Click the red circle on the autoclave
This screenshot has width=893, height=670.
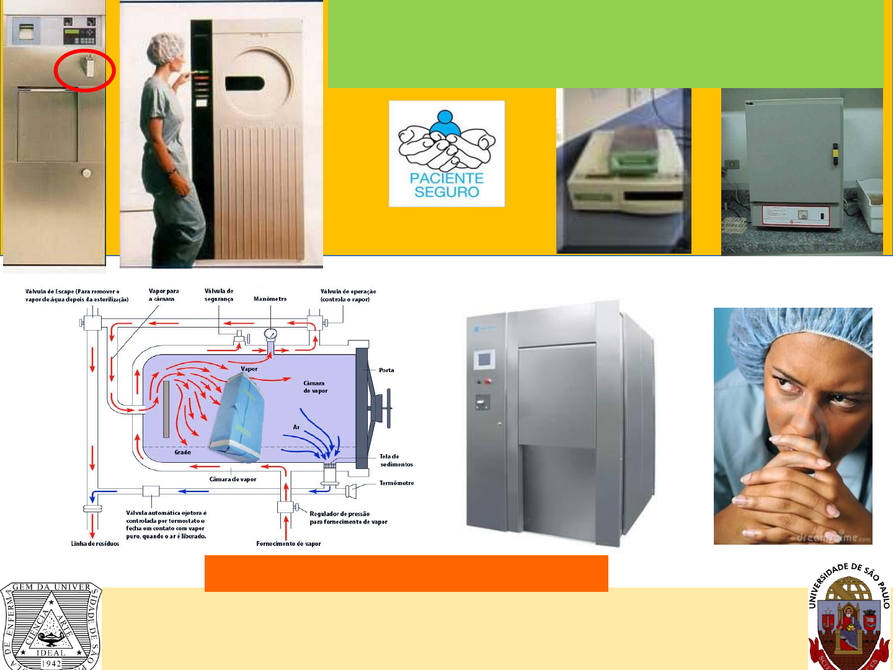pyautogui.click(x=84, y=70)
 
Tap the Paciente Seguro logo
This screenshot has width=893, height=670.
pyautogui.click(x=446, y=153)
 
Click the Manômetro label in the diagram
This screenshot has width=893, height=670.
pyautogui.click(x=270, y=299)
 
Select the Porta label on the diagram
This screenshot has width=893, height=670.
pyautogui.click(x=386, y=370)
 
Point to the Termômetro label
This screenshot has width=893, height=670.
pyautogui.click(x=396, y=483)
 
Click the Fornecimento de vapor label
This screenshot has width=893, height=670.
pyautogui.click(x=288, y=543)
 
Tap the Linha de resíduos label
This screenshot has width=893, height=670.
pyautogui.click(x=95, y=543)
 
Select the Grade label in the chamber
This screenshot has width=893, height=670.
pyautogui.click(x=182, y=452)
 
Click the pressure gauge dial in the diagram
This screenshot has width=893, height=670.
pyautogui.click(x=270, y=334)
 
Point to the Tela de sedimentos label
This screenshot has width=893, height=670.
pyautogui.click(x=396, y=460)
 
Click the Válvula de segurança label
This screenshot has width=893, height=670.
pyautogui.click(x=219, y=295)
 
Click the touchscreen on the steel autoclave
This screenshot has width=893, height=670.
pyautogui.click(x=484, y=359)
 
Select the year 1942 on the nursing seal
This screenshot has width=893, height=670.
pyautogui.click(x=51, y=663)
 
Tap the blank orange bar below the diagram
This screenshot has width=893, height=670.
pyautogui.click(x=406, y=573)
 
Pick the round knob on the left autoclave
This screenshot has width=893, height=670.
pyautogui.click(x=86, y=173)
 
